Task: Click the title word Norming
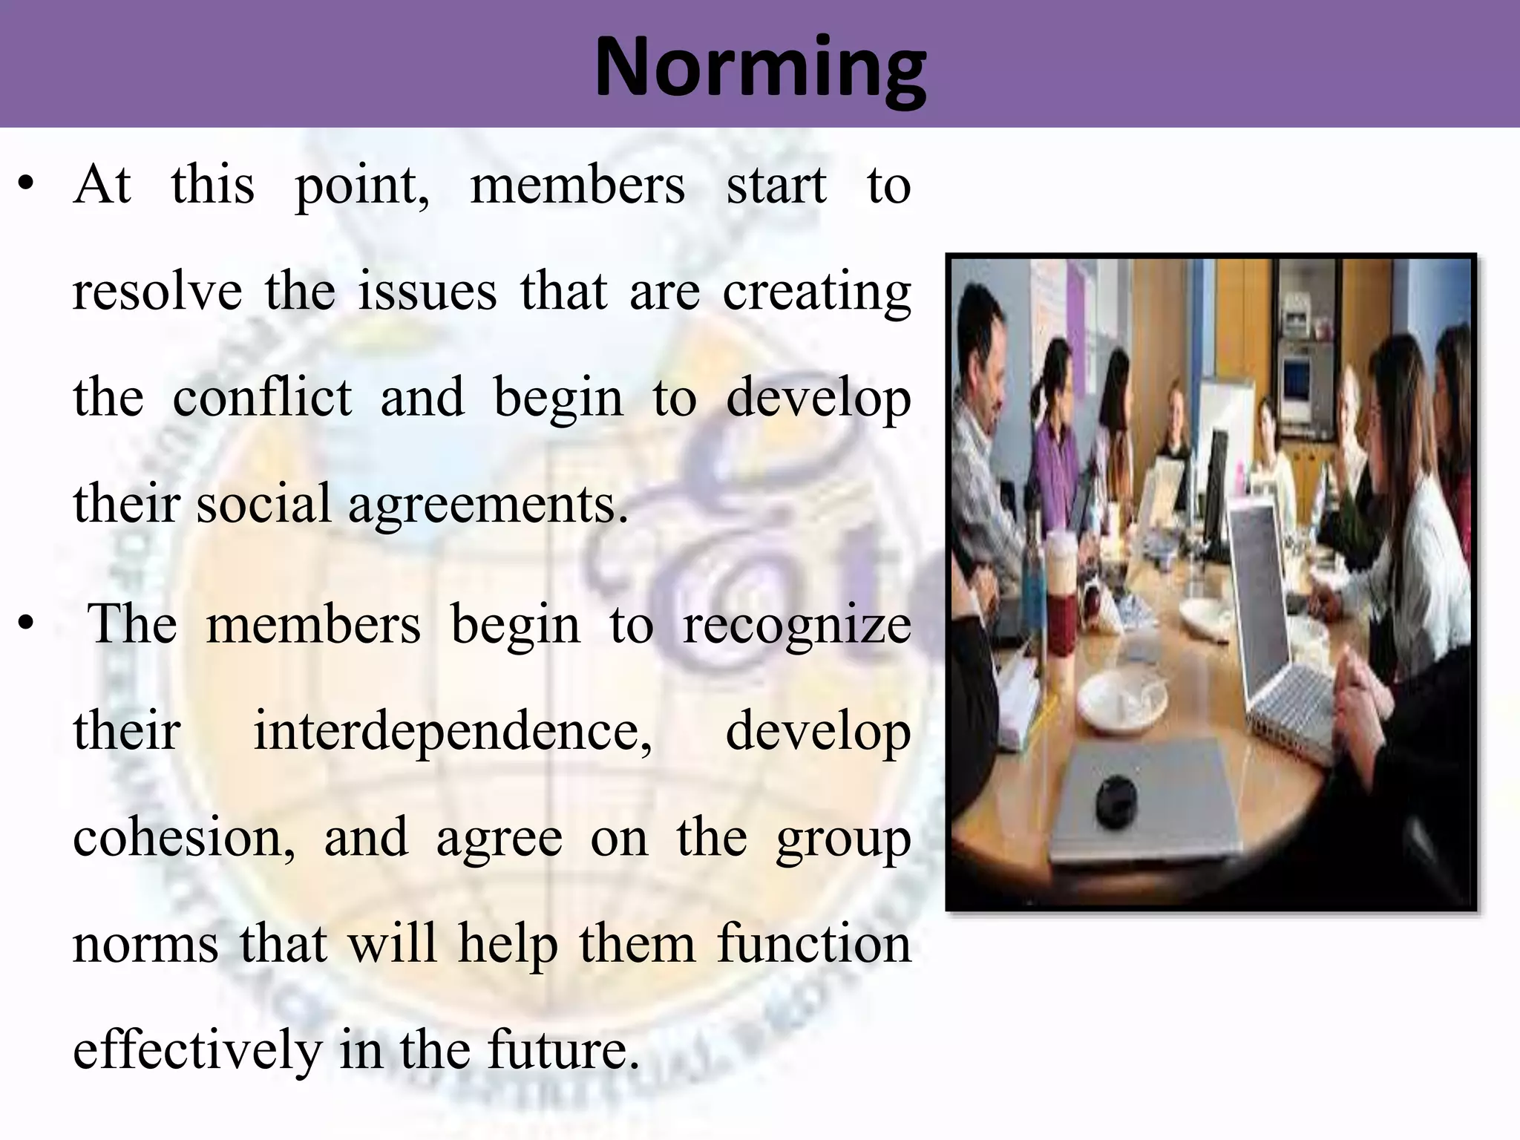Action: pos(760,68)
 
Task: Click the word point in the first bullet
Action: pos(361,186)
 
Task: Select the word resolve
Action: pos(157,292)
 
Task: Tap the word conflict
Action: pos(261,398)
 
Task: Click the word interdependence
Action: pos(452,731)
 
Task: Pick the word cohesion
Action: pos(183,837)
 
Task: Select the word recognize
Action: pos(796,625)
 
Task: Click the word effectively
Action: pos(197,1051)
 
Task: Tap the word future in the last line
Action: pos(563,1049)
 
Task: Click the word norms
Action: pos(145,944)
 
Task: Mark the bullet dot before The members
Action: pos(27,625)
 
